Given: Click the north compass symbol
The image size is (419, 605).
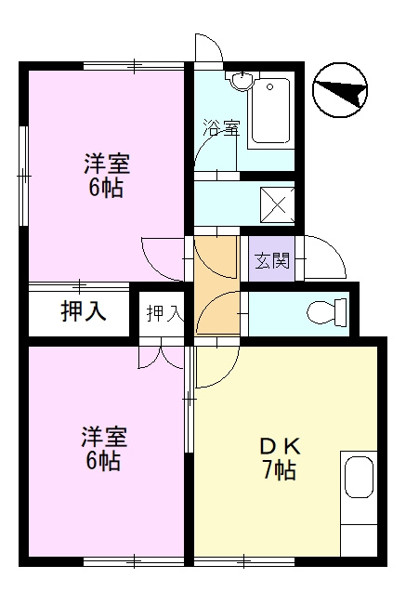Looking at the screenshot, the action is pyautogui.click(x=339, y=90).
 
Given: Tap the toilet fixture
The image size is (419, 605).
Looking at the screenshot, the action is pyautogui.click(x=326, y=312).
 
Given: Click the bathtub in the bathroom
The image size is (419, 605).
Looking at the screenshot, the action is pyautogui.click(x=270, y=111).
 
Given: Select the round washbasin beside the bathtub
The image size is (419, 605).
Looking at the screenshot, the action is pyautogui.click(x=242, y=81).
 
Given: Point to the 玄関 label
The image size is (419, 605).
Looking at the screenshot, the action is pyautogui.click(x=272, y=261).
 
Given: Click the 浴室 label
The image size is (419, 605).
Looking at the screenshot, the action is pyautogui.click(x=222, y=127).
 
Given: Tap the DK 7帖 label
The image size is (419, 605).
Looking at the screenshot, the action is pyautogui.click(x=280, y=459).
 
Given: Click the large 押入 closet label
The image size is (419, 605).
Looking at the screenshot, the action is pyautogui.click(x=84, y=310).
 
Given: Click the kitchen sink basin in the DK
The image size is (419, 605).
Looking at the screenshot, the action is pyautogui.click(x=359, y=477).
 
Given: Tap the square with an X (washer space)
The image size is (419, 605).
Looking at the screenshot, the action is pyautogui.click(x=278, y=205).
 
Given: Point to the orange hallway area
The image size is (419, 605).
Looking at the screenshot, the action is pyautogui.click(x=216, y=285).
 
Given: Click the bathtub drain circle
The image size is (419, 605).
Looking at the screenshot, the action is pyautogui.click(x=270, y=86).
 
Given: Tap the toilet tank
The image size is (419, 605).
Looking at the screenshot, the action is pyautogui.click(x=340, y=312).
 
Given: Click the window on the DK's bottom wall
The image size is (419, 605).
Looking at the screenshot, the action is pyautogui.click(x=244, y=561).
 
